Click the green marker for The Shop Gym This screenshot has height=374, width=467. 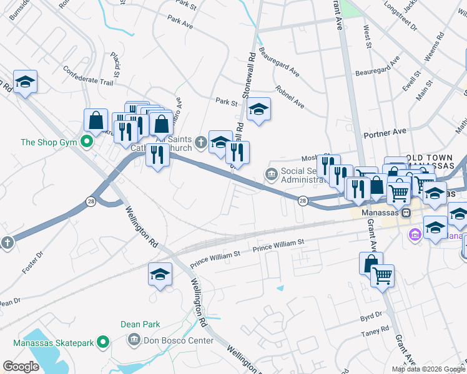click(x=87, y=142)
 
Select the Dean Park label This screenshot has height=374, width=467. click(x=140, y=324)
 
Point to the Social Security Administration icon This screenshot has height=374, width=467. click(x=270, y=173)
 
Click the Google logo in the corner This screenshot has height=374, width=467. click(x=21, y=367)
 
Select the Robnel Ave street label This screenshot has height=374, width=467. click(x=289, y=97)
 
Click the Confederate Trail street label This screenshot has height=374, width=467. click(x=89, y=80)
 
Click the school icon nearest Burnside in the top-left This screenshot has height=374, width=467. click(x=26, y=82)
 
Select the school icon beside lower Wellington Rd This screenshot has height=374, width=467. click(x=160, y=274)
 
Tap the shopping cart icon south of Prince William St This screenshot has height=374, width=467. click(x=382, y=274)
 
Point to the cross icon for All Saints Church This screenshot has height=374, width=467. click(x=200, y=142)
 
